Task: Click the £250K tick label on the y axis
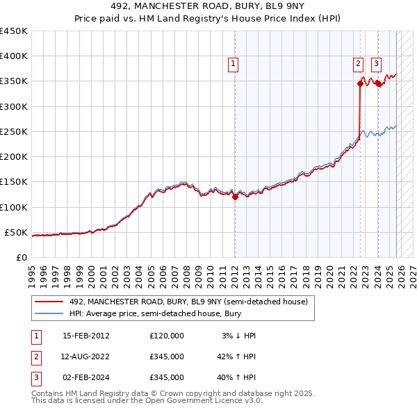pyautogui.click(x=14, y=131)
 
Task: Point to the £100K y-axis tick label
pyautogui.click(x=14, y=207)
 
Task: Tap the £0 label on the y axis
pyautogui.click(x=21, y=257)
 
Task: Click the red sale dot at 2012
pyautogui.click(x=235, y=197)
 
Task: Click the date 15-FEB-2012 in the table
pyautogui.click(x=86, y=336)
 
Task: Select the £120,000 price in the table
pyautogui.click(x=167, y=336)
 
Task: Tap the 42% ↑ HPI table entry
pyautogui.click(x=236, y=356)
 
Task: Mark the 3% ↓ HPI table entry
pyautogui.click(x=239, y=336)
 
